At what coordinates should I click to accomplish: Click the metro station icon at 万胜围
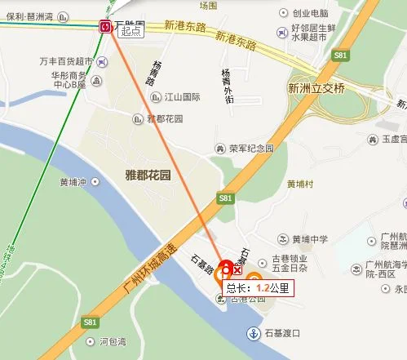coord(106,27)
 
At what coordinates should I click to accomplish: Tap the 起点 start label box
coord(131,31)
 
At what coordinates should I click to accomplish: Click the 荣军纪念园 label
coord(250,149)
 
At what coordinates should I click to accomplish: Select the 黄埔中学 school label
coord(310,239)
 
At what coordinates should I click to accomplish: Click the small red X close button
coord(237,270)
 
